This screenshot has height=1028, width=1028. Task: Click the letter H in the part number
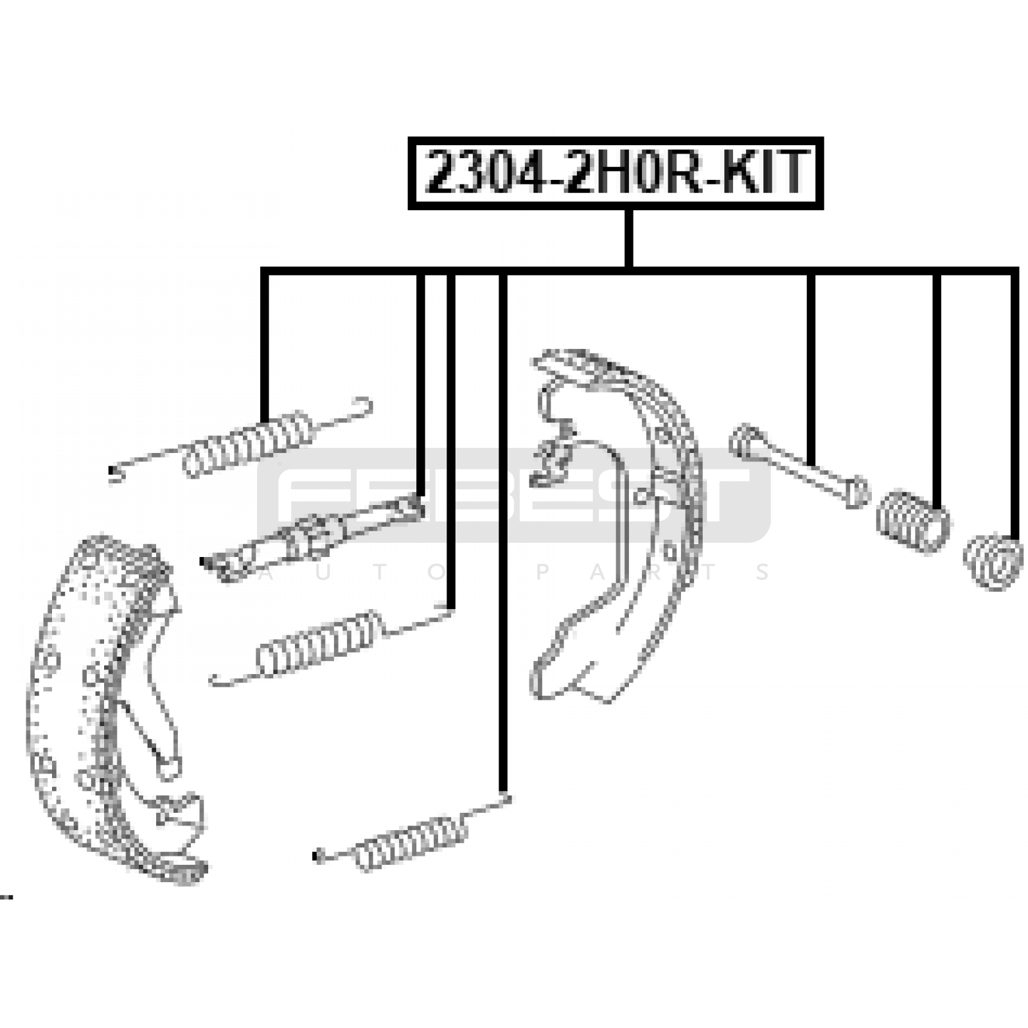(x=616, y=172)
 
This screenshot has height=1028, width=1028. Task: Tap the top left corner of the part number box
(x=409, y=137)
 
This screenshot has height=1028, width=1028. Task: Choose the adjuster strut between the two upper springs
(x=313, y=536)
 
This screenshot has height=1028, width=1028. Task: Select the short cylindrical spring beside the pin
(x=913, y=521)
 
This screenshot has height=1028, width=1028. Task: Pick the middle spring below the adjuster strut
(x=331, y=646)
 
